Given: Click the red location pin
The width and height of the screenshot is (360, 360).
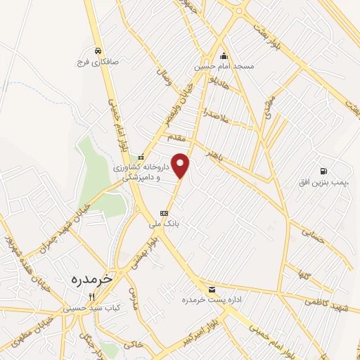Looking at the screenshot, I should coord(181,165).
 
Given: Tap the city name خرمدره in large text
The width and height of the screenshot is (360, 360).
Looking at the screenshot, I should coord(91,278).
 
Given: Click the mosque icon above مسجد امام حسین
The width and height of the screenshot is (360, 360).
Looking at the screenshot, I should coord(224,56).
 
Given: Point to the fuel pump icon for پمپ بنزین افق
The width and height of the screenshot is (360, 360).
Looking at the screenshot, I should coord(323,171).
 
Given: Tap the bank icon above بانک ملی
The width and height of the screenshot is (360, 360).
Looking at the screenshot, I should coord(164,212).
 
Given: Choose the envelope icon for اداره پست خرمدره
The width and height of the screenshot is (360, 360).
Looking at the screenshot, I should coord(212,290).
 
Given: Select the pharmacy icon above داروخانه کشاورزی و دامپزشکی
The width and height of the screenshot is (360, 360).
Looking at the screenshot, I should coord(141,157).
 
